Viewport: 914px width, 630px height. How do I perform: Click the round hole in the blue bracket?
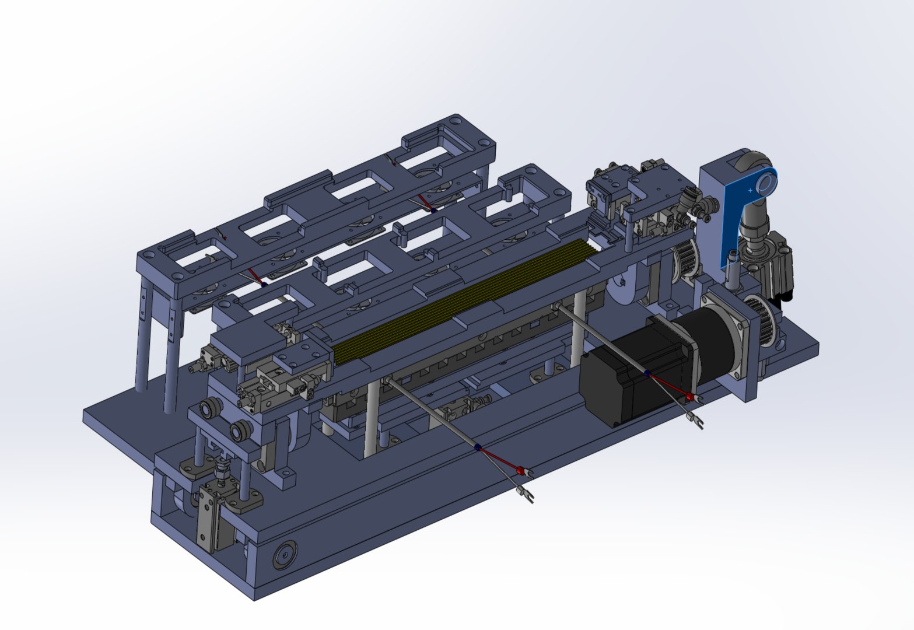pyautogui.click(x=766, y=185)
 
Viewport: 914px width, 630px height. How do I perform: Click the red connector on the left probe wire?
pyautogui.click(x=520, y=470)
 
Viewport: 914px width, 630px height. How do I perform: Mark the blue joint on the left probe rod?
pyautogui.click(x=478, y=447)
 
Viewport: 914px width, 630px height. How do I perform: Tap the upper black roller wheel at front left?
pyautogui.click(x=206, y=409)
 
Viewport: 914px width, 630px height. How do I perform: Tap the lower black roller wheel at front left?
pyautogui.click(x=238, y=432)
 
